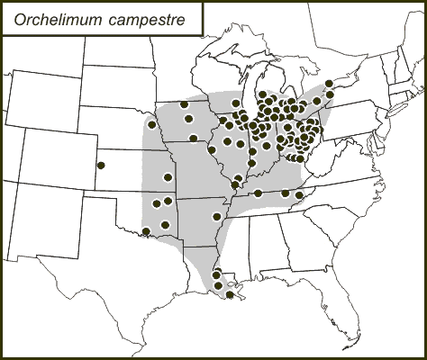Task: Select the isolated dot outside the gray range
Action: [x=102, y=166]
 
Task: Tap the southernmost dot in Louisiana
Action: [x=231, y=294]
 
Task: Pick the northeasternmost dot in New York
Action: [x=331, y=84]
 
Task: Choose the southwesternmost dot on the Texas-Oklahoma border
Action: [x=146, y=232]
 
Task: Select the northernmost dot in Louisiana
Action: [x=216, y=272]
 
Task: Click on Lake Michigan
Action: [x=248, y=94]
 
